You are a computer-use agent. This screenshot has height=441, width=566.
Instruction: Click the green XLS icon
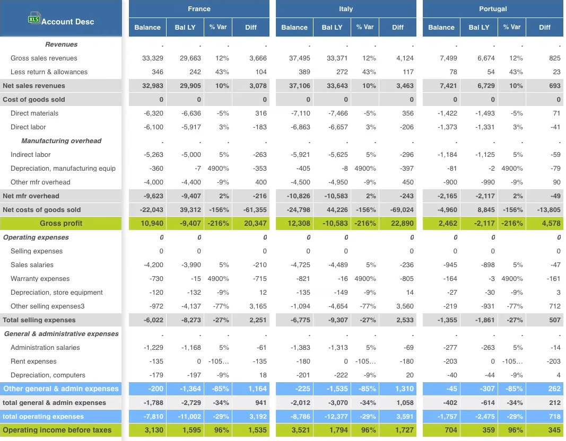click(34, 19)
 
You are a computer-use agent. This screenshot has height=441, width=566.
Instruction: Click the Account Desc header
click(67, 22)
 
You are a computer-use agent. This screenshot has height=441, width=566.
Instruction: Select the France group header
click(199, 9)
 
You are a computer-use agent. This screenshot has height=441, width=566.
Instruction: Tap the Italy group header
click(346, 9)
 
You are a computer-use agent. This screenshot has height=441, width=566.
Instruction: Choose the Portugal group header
click(493, 9)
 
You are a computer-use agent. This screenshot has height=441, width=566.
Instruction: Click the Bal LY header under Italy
click(332, 28)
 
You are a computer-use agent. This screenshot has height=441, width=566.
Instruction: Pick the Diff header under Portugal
click(545, 28)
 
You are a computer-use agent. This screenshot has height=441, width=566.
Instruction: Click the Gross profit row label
click(61, 224)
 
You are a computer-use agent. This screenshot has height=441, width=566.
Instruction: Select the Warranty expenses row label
click(40, 279)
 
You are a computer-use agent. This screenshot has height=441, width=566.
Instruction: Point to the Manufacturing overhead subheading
click(61, 141)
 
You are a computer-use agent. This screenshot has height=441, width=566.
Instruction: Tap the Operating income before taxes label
click(57, 430)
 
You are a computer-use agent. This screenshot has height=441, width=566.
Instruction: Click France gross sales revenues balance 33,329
click(153, 58)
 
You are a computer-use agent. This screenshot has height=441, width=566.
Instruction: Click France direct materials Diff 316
click(260, 113)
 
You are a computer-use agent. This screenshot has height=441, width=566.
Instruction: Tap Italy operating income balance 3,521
click(300, 430)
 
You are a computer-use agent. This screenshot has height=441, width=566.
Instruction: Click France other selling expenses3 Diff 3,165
click(258, 306)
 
